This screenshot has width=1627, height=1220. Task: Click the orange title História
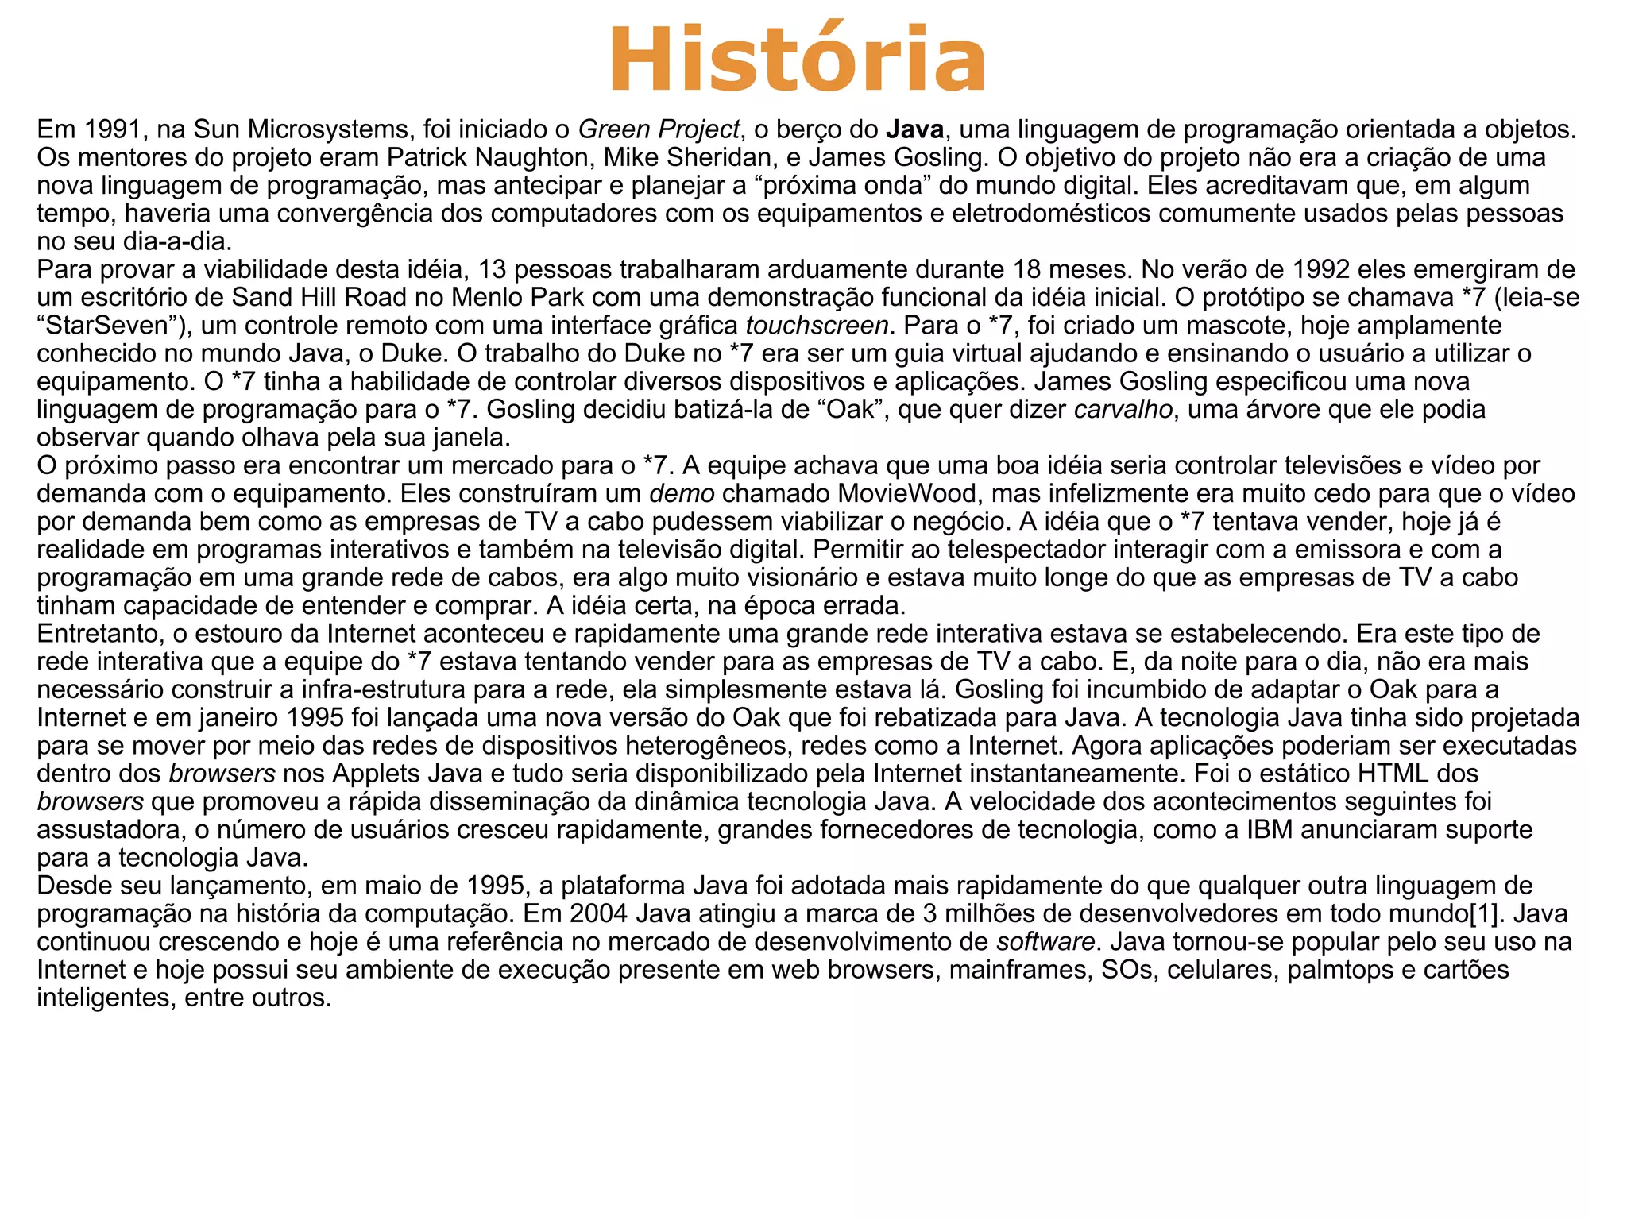pyautogui.click(x=797, y=60)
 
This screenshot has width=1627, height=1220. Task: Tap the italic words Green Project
pyautogui.click(x=659, y=129)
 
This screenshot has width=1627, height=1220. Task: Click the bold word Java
pyautogui.click(x=914, y=129)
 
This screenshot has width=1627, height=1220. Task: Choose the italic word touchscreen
pyautogui.click(x=817, y=326)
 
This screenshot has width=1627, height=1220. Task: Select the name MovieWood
pyautogui.click(x=908, y=493)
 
